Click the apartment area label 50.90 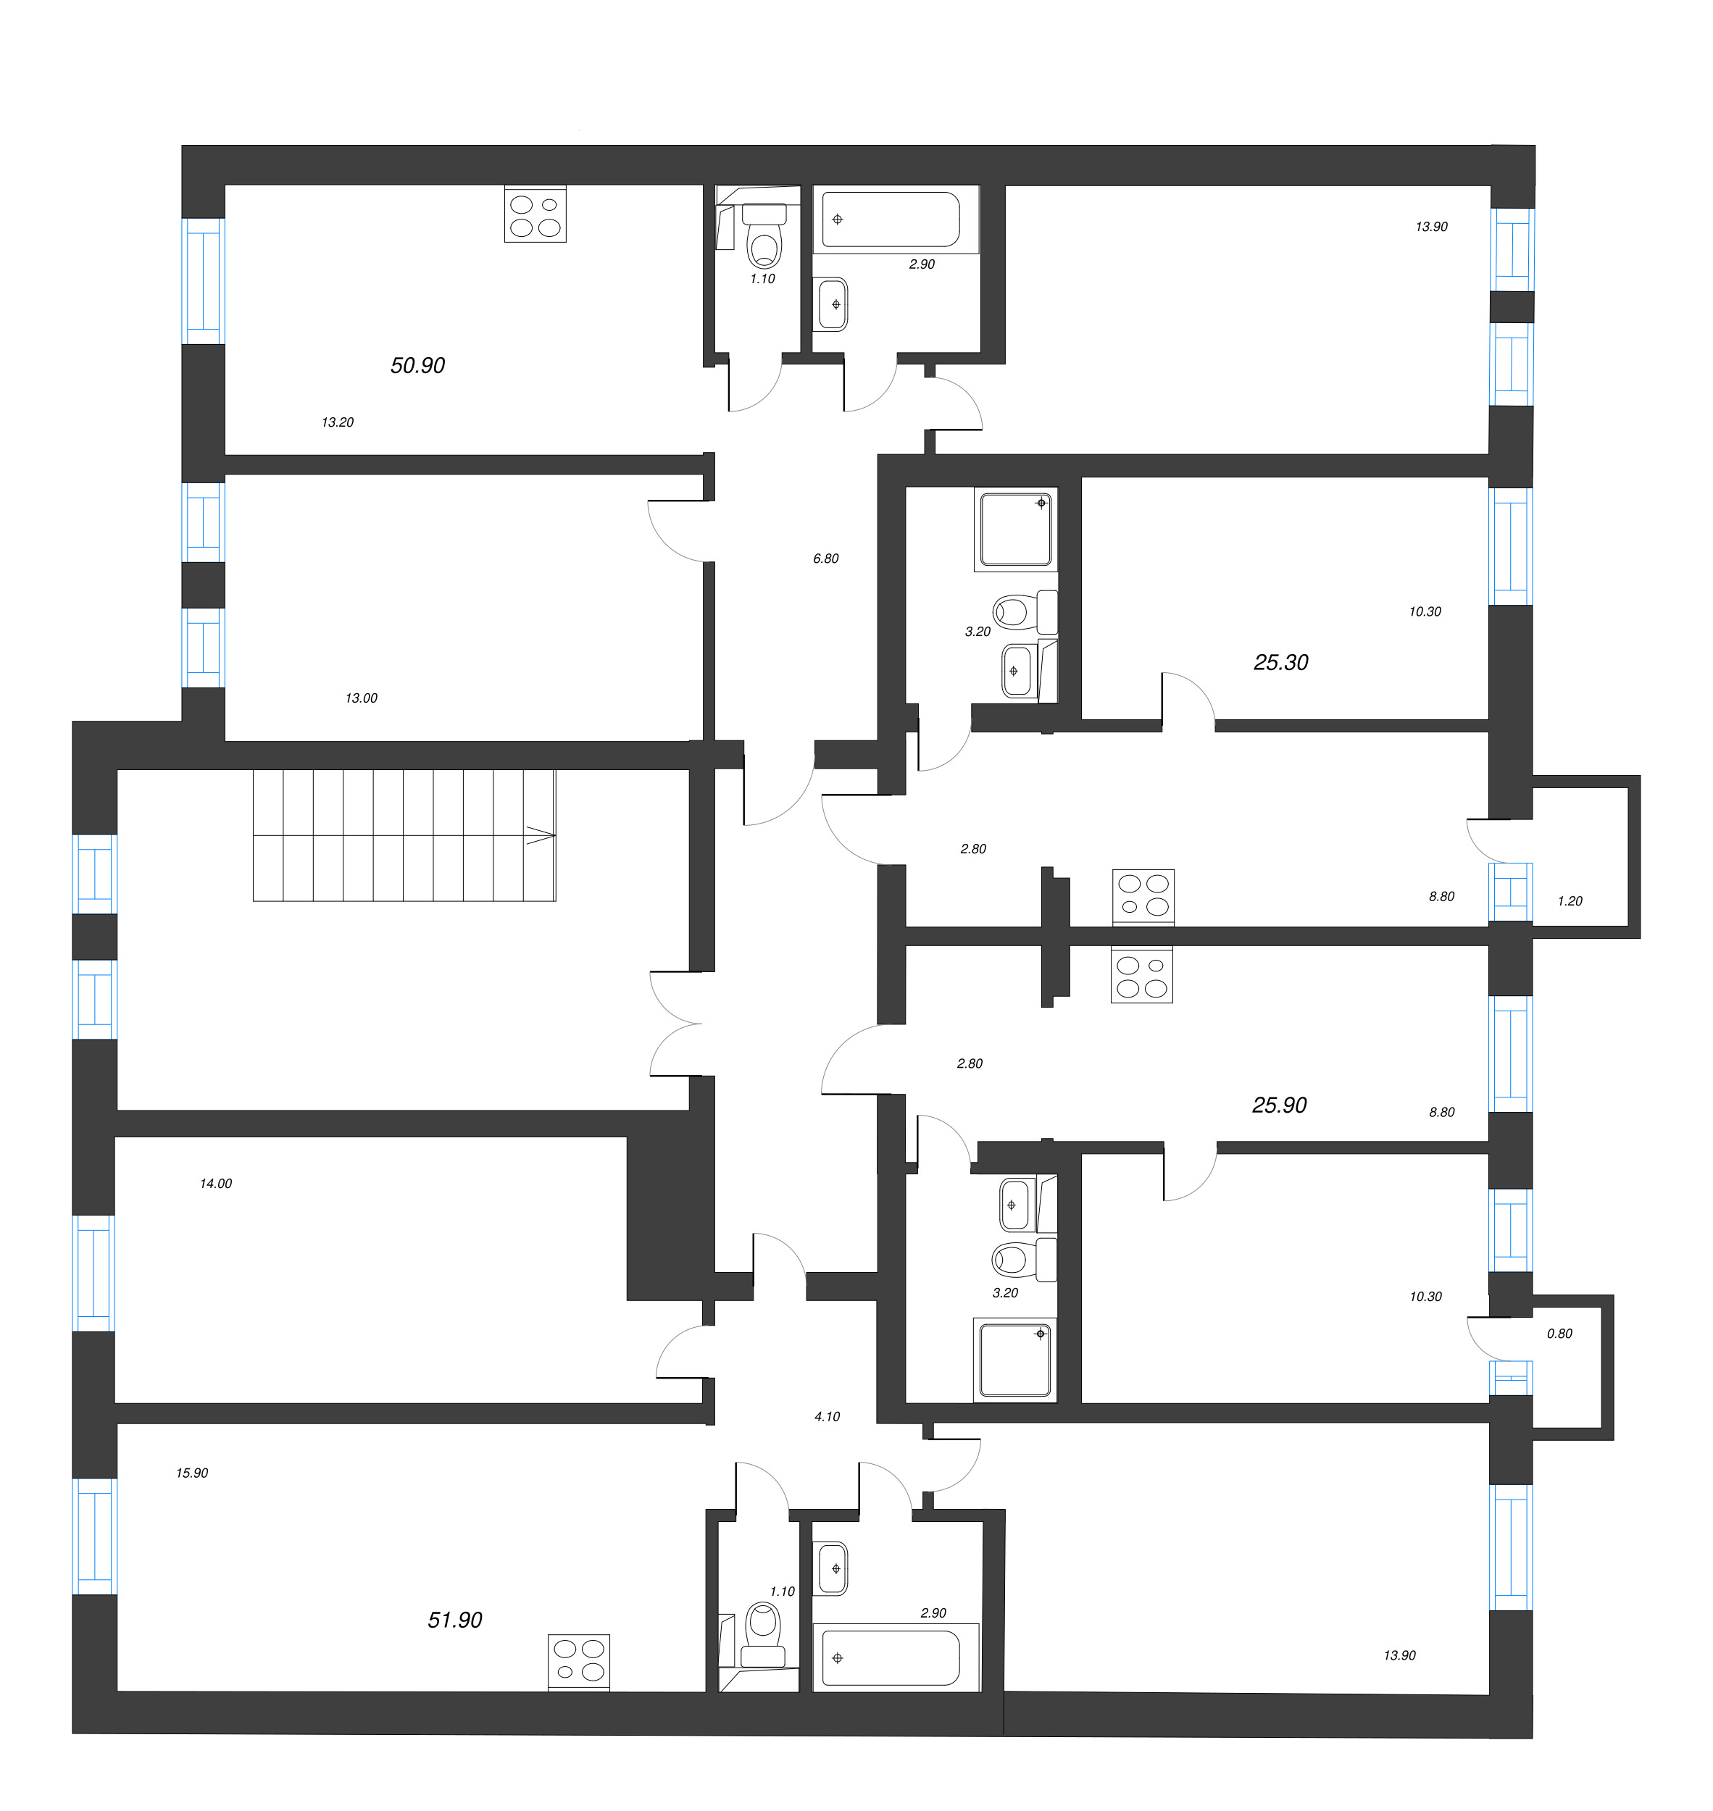coord(417,366)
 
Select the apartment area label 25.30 coord(1280,663)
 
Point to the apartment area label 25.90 coord(1279,1105)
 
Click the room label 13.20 coord(337,422)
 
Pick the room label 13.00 coord(361,698)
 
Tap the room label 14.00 coord(215,1184)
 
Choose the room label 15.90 coord(192,1473)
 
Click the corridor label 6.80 coord(825,559)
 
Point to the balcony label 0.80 coord(1559,1334)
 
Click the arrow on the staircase coord(541,835)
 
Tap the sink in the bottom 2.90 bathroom coord(832,1568)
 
